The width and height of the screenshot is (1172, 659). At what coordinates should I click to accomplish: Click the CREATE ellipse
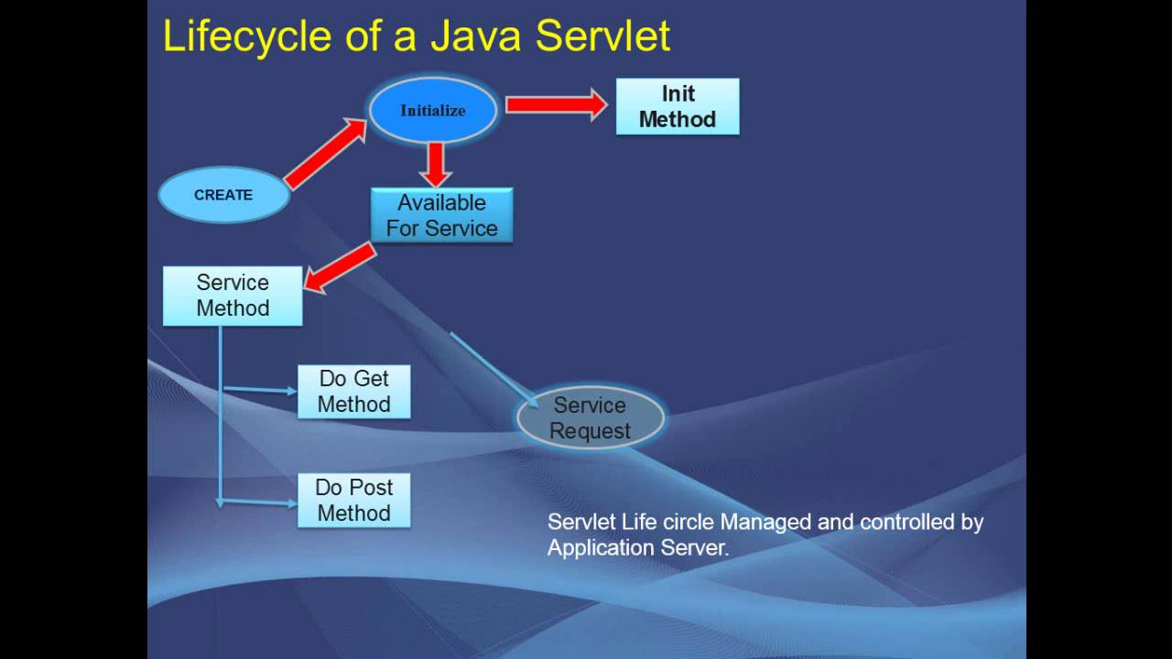coord(223,195)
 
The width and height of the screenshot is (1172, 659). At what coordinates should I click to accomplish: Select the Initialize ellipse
coord(432,111)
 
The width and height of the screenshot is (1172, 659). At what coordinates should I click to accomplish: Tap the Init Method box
coord(677,106)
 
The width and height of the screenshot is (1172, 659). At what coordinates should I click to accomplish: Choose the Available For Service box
coord(441,215)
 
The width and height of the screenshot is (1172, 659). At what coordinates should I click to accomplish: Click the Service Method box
coord(233,296)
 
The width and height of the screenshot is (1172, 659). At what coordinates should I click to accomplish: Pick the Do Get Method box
coord(353,392)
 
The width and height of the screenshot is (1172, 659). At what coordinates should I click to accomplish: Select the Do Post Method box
coord(353,500)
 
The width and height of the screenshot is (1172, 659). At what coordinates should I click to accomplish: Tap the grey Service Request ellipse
coord(590,418)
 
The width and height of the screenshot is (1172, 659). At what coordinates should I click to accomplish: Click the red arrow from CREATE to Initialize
coord(326,153)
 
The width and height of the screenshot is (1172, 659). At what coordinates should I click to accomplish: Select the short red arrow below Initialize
coord(436,165)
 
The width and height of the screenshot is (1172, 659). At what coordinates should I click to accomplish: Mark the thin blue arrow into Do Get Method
coord(260,390)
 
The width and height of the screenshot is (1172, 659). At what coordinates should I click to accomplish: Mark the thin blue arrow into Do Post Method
coord(260,502)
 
